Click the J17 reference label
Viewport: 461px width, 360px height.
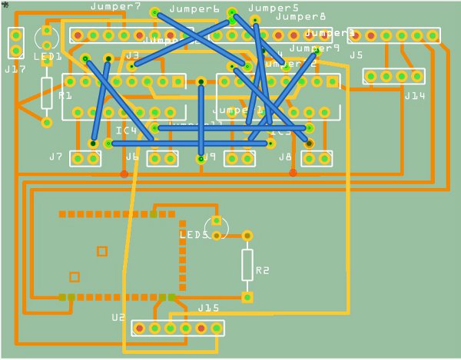(15, 69)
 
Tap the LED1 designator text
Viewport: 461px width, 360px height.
(48, 57)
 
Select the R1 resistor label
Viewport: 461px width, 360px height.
(65, 96)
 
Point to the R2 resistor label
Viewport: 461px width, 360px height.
(263, 270)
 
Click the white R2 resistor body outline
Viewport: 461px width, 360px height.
(247, 265)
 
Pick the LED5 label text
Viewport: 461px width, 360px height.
(194, 235)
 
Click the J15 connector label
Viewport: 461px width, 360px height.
(209, 308)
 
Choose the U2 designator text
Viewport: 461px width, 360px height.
(118, 317)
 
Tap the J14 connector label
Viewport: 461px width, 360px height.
(414, 96)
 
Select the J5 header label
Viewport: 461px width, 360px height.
(356, 55)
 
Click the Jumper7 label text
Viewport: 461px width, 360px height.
(115, 7)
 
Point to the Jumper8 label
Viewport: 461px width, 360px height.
(300, 16)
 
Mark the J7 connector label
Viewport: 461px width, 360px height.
(55, 157)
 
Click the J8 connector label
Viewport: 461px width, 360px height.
(285, 157)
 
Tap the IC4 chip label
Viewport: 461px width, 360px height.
(126, 130)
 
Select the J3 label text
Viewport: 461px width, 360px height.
(132, 55)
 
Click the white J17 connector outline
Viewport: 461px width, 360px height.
(15, 43)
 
